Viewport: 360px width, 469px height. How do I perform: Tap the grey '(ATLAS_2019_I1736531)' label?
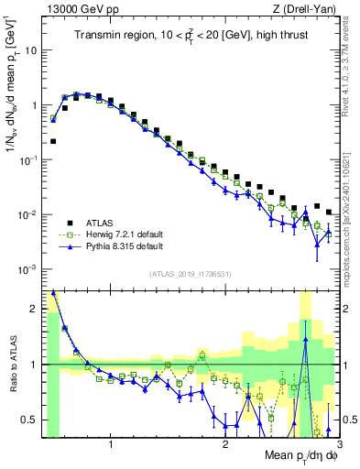pos(191,274)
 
